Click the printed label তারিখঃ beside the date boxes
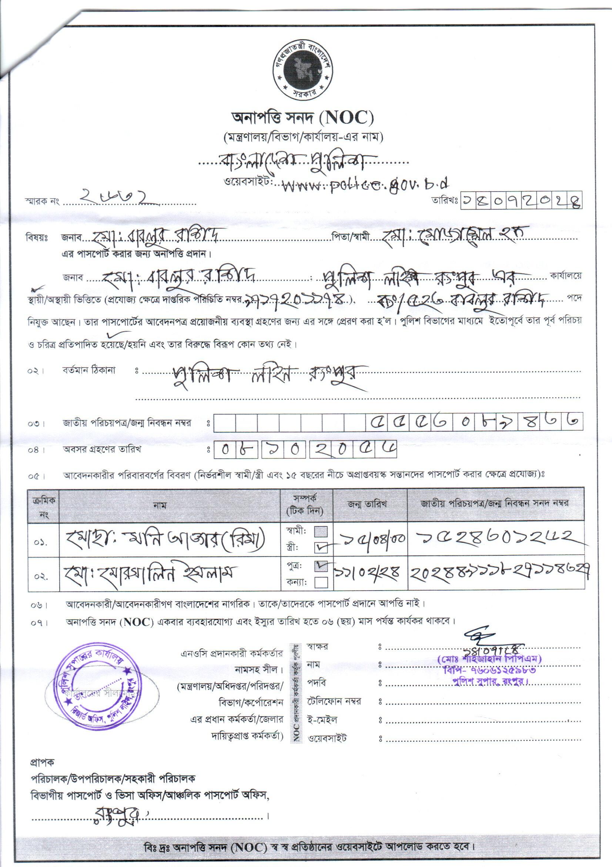[445, 200]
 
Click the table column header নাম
[160, 505]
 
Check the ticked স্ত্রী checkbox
[321, 547]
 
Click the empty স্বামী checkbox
[321, 532]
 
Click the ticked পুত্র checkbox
[321, 567]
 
